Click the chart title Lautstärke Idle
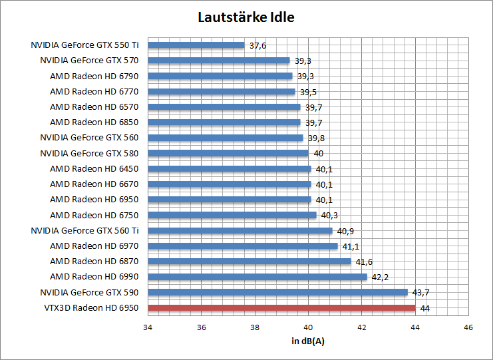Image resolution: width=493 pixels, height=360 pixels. coord(246,17)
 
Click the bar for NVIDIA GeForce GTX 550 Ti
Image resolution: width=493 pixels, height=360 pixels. coord(196,45)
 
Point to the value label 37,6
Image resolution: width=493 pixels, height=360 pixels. coord(257,46)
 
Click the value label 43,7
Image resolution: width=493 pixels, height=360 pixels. coord(420,293)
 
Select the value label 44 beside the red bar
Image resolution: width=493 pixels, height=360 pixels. coord(425,308)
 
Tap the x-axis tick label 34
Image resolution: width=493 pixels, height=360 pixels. coord(148,327)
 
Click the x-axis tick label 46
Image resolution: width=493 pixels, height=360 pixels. coord(468,327)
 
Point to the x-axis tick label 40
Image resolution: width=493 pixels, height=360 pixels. coord(308,327)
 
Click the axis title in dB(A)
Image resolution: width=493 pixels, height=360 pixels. coord(308,341)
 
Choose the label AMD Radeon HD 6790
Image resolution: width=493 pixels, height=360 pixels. coord(94,76)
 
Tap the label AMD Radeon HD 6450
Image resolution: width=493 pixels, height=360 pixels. coord(94,168)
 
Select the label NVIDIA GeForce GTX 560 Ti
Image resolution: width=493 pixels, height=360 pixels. coord(84,230)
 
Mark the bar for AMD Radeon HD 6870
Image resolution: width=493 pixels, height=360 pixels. coord(249,262)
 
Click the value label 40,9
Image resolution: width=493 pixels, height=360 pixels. coord(345,231)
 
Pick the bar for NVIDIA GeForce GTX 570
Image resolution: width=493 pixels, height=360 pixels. coord(219,61)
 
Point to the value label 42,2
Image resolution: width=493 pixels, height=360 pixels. coord(380,277)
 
